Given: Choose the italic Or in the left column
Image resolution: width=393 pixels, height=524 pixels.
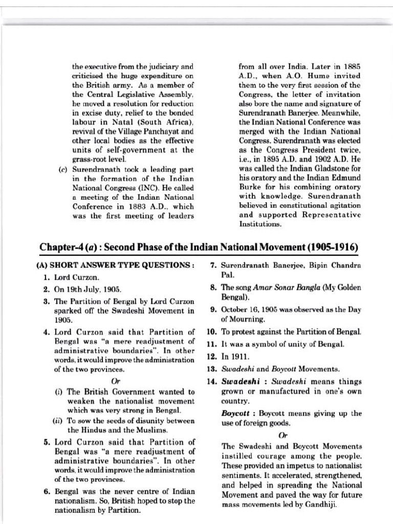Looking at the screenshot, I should pyautogui.click(x=115, y=381).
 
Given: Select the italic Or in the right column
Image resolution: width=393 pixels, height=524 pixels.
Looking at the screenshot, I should pyautogui.click(x=282, y=435).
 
